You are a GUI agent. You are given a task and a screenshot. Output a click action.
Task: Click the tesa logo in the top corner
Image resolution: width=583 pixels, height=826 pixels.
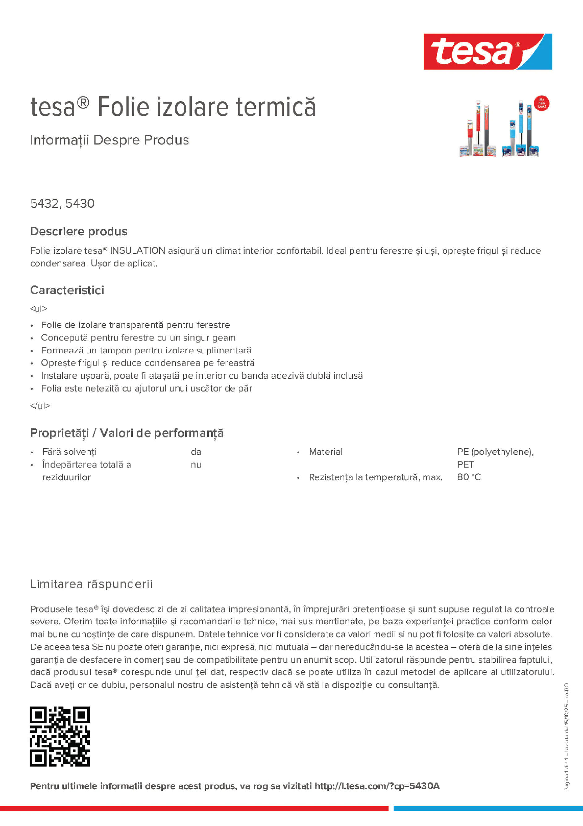click(488, 51)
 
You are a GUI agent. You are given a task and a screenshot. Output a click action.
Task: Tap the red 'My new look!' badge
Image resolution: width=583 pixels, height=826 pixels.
click(541, 103)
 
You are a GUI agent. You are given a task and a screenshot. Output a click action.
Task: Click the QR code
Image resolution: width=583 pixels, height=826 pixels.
click(60, 736)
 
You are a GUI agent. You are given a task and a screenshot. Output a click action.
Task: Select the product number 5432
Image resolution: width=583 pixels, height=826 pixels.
click(44, 203)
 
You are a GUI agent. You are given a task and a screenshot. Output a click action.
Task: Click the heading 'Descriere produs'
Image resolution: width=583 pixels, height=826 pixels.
click(79, 231)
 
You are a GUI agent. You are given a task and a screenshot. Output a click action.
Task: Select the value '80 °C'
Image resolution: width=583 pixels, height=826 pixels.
click(469, 477)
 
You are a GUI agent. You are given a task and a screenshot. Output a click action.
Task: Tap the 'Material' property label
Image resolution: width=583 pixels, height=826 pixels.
click(325, 452)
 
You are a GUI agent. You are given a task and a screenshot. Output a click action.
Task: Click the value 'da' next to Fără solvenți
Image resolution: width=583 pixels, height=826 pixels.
click(196, 452)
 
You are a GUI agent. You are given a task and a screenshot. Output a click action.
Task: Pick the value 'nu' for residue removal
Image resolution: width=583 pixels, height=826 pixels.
click(196, 465)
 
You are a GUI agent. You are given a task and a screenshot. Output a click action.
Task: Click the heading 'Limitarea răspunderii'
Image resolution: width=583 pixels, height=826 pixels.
click(91, 584)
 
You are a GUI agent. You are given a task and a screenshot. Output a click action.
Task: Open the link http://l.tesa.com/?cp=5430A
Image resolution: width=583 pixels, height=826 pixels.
click(377, 786)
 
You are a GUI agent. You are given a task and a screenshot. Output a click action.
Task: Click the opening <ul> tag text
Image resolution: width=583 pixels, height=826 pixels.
click(38, 309)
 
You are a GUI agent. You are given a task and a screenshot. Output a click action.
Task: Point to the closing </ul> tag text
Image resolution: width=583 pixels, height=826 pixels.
click(40, 406)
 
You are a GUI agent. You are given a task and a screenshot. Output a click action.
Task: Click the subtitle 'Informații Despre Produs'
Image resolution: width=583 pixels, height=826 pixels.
click(109, 140)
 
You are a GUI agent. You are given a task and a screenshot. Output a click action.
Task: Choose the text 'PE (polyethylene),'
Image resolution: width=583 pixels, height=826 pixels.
click(495, 452)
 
